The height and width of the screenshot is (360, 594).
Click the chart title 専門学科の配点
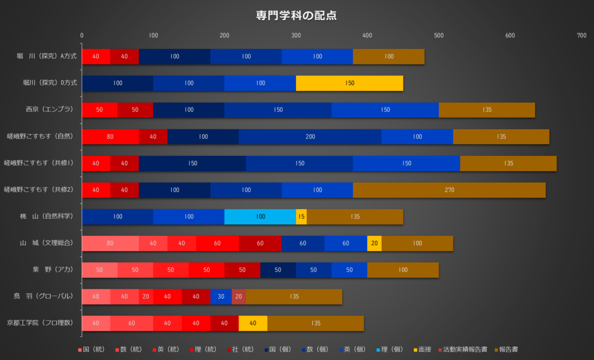[x=296, y=15]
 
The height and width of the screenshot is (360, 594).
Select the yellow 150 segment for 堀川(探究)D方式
[x=349, y=83]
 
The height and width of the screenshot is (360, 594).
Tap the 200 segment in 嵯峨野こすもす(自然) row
[x=310, y=137]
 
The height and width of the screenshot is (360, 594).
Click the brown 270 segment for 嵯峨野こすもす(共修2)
[x=449, y=190]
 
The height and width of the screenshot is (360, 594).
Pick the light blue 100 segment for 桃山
[x=260, y=217]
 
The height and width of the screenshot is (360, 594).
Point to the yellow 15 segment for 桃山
[x=301, y=217]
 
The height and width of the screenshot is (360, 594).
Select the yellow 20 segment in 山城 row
[x=374, y=244]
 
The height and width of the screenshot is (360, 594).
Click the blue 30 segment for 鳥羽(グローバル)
[x=221, y=297]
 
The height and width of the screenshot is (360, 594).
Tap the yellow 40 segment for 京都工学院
[x=253, y=323]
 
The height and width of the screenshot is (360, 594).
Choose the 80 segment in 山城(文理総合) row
[x=110, y=244]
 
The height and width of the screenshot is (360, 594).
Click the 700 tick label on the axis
[x=582, y=36]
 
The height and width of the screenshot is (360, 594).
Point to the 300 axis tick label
[x=296, y=36]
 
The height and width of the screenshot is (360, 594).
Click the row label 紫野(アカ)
[x=53, y=270]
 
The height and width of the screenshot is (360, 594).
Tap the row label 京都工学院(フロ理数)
[x=40, y=323]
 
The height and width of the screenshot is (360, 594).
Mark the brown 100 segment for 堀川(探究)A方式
[x=389, y=56]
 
